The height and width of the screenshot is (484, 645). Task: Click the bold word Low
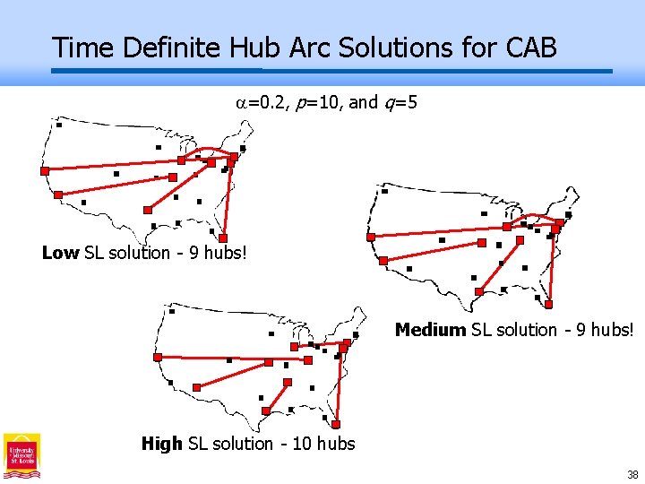60,253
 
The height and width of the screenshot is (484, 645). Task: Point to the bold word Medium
430,330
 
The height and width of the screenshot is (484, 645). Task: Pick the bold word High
161,444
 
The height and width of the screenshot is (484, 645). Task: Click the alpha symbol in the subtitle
241,103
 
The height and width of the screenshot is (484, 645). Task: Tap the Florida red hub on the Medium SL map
549,303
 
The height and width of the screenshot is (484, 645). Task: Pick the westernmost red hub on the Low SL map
45,170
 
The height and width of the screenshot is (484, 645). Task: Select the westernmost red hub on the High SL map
158,357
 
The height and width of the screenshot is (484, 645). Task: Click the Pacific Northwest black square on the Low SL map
59,125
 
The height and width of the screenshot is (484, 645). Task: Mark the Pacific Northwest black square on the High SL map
172,312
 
